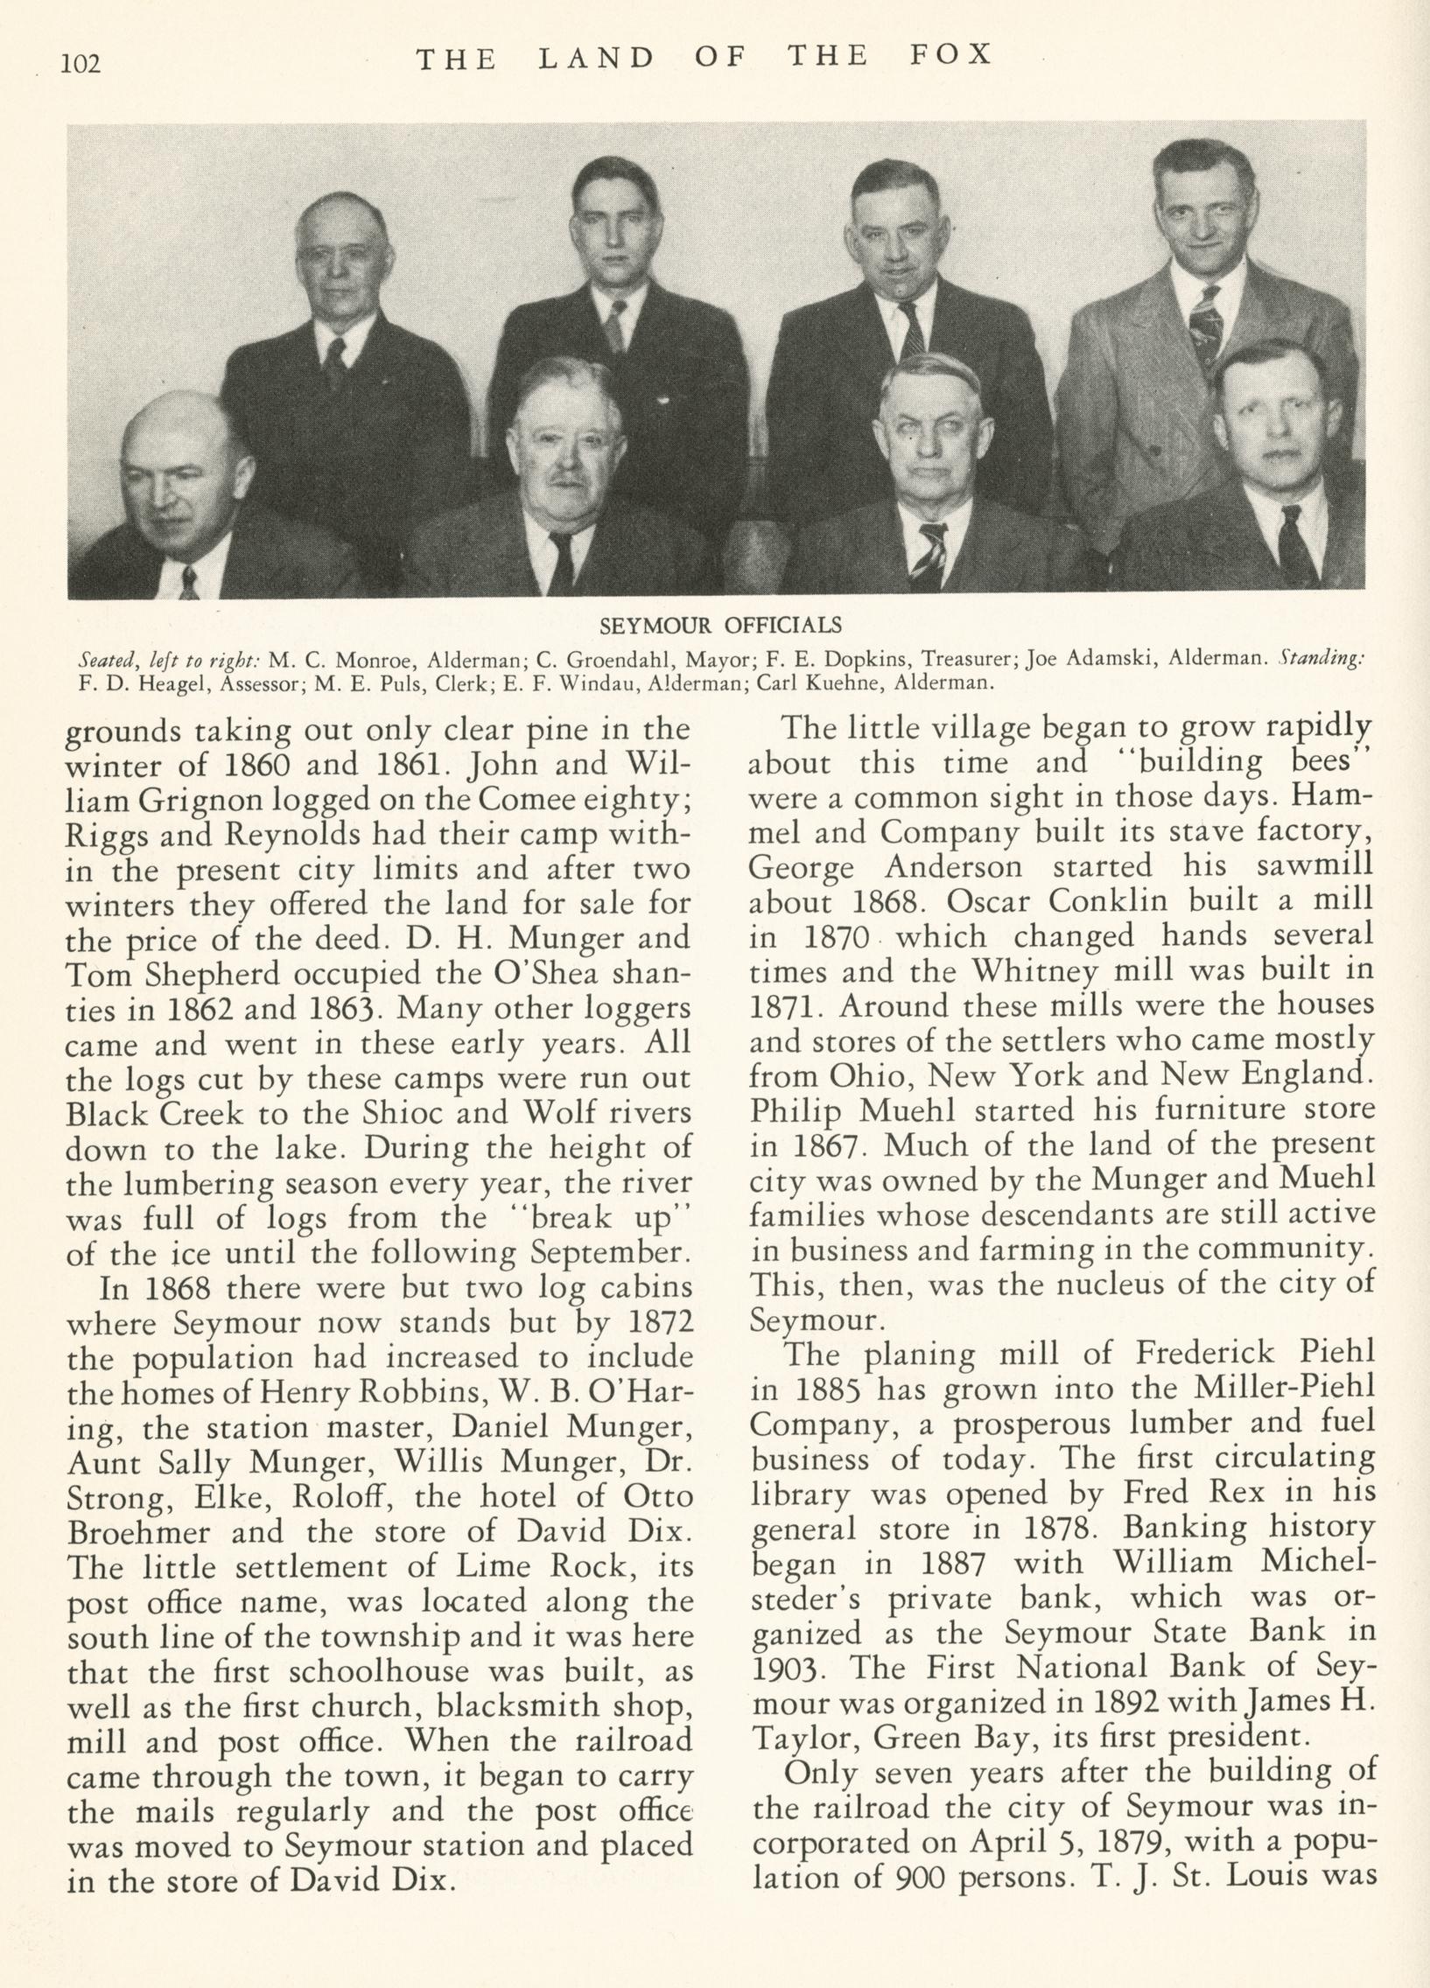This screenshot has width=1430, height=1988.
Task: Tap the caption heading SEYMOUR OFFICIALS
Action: point(720,625)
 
